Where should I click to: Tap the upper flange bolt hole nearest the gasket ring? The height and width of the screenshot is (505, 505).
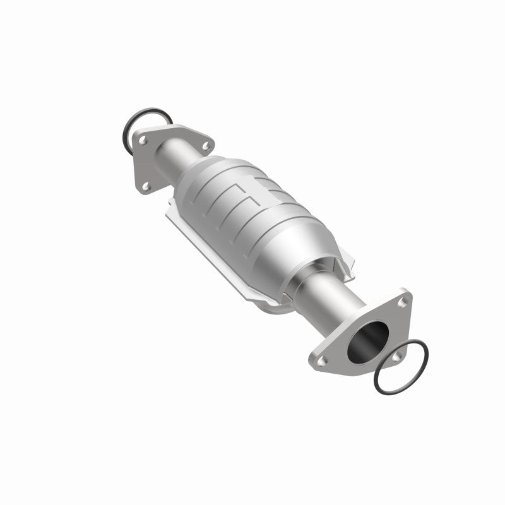[x=143, y=140]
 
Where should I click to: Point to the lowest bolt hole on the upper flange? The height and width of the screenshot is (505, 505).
[x=145, y=186]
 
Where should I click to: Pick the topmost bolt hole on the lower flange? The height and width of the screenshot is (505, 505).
[x=402, y=303]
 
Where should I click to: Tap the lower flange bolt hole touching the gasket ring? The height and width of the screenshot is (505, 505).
[x=396, y=357]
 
